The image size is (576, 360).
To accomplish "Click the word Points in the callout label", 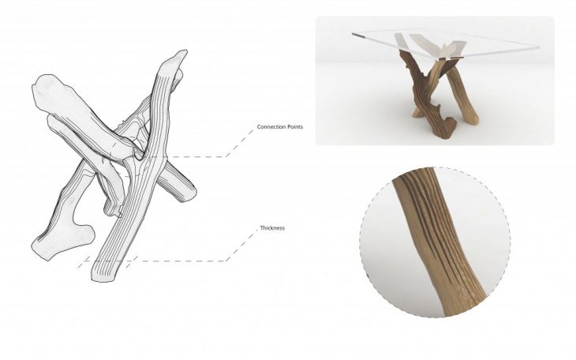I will (x=293, y=127).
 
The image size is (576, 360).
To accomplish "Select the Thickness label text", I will (x=272, y=228).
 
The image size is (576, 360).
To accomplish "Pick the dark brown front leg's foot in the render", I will (x=443, y=130).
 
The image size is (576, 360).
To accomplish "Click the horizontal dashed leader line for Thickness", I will (x=181, y=261).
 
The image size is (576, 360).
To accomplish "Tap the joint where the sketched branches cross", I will (x=142, y=154).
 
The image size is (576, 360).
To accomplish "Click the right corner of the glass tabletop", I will (x=537, y=48).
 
